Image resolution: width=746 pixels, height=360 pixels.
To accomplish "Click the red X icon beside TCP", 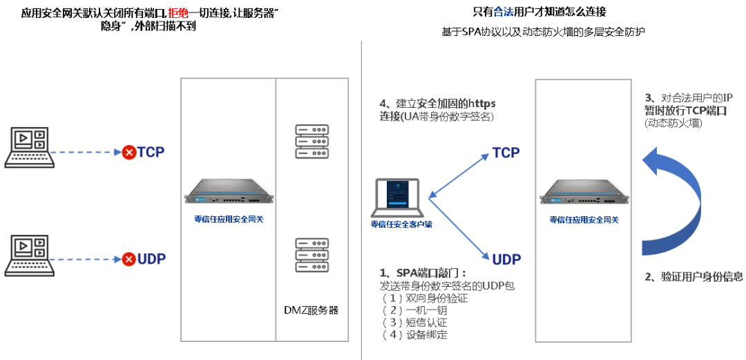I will (128, 152).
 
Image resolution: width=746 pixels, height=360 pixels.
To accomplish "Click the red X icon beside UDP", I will (128, 260).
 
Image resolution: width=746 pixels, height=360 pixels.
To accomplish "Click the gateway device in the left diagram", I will (227, 192).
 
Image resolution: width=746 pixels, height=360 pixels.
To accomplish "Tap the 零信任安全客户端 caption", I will (401, 224).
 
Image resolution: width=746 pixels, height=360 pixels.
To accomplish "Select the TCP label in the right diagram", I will (506, 153).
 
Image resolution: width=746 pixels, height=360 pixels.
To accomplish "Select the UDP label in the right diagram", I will (507, 259).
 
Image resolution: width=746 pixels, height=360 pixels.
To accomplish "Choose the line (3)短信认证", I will (414, 323).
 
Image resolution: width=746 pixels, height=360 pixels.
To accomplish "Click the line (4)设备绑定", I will (414, 335).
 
